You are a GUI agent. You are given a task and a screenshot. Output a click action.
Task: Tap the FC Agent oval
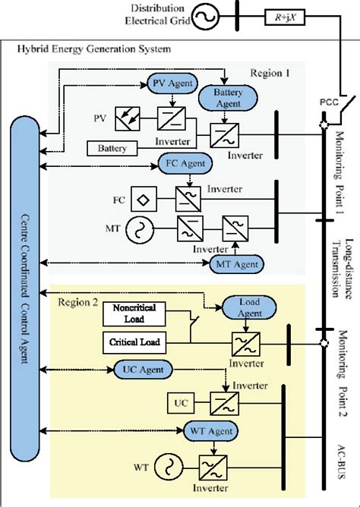click(185, 162)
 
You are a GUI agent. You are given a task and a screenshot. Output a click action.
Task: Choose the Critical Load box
click(134, 343)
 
